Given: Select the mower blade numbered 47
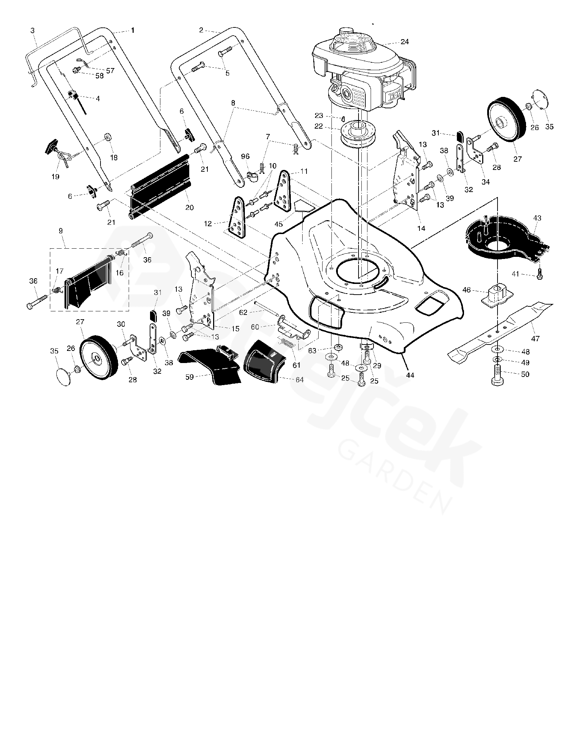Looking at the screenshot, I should point(499,331).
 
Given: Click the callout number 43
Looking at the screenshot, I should point(537,218).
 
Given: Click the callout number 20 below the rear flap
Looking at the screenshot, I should point(189,208).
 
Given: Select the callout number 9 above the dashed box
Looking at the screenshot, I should point(61,231).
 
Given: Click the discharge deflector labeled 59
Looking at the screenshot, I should point(210,367).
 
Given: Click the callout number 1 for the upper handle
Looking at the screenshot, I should point(133,31).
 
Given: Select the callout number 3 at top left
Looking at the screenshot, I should point(32,31).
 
